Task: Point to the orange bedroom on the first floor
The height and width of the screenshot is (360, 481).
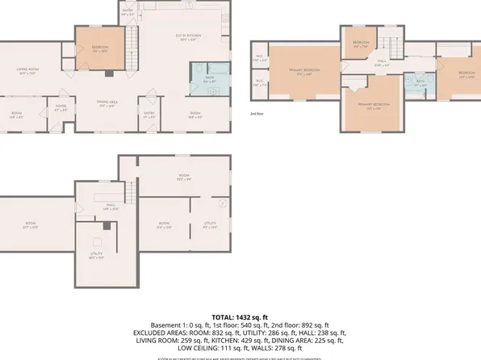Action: [x=101, y=50]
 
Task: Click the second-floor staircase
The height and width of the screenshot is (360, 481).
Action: [x=393, y=47]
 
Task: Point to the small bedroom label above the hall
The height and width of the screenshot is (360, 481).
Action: [x=361, y=44]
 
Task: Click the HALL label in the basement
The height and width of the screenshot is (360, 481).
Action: [x=95, y=207]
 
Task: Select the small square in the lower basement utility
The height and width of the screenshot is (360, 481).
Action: [x=97, y=241]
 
